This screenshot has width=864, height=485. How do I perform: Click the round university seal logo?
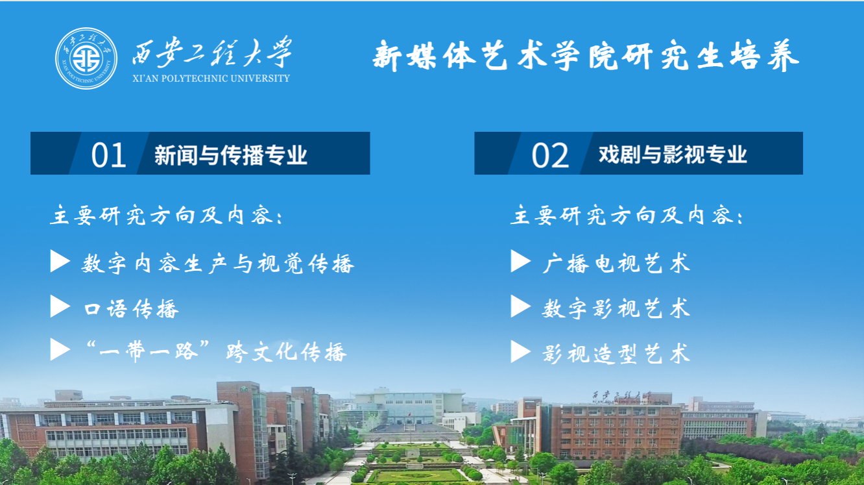click(x=86, y=58)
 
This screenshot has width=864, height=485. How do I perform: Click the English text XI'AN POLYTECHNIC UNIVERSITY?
click(x=211, y=79)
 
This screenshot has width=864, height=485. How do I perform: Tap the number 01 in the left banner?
click(x=108, y=155)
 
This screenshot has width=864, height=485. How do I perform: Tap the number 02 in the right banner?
click(x=550, y=155)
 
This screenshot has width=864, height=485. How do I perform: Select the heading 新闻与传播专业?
click(x=231, y=155)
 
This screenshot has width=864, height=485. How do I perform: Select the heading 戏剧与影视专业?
click(x=673, y=155)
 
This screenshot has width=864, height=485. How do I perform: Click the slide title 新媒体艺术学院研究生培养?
click(x=586, y=56)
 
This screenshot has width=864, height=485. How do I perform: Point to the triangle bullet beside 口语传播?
click(x=60, y=306)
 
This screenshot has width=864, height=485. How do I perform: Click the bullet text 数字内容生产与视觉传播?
click(x=217, y=264)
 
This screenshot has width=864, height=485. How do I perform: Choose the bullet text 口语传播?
click(x=131, y=308)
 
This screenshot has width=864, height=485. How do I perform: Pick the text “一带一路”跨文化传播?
click(x=215, y=351)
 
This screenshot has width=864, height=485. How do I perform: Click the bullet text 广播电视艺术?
click(x=616, y=264)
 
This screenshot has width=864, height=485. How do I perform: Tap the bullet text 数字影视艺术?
click(x=616, y=308)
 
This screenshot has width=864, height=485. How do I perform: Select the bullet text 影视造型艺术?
click(x=616, y=353)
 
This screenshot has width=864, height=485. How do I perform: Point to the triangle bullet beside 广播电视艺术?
click(x=521, y=261)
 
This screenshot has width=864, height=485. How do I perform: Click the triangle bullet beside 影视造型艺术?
click(x=521, y=351)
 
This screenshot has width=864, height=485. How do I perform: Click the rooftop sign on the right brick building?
click(x=621, y=396)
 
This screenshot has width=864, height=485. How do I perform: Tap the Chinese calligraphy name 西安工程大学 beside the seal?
click(x=211, y=52)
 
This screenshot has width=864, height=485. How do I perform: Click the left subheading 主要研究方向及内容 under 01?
click(x=166, y=215)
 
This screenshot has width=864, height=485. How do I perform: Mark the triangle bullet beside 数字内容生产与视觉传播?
click(x=60, y=261)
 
